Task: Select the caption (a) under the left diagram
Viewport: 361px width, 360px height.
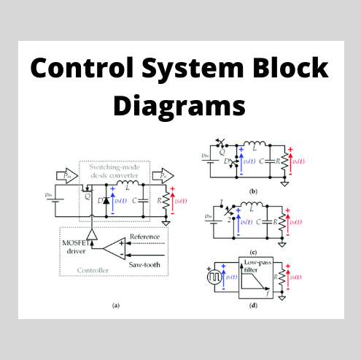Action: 114,305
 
